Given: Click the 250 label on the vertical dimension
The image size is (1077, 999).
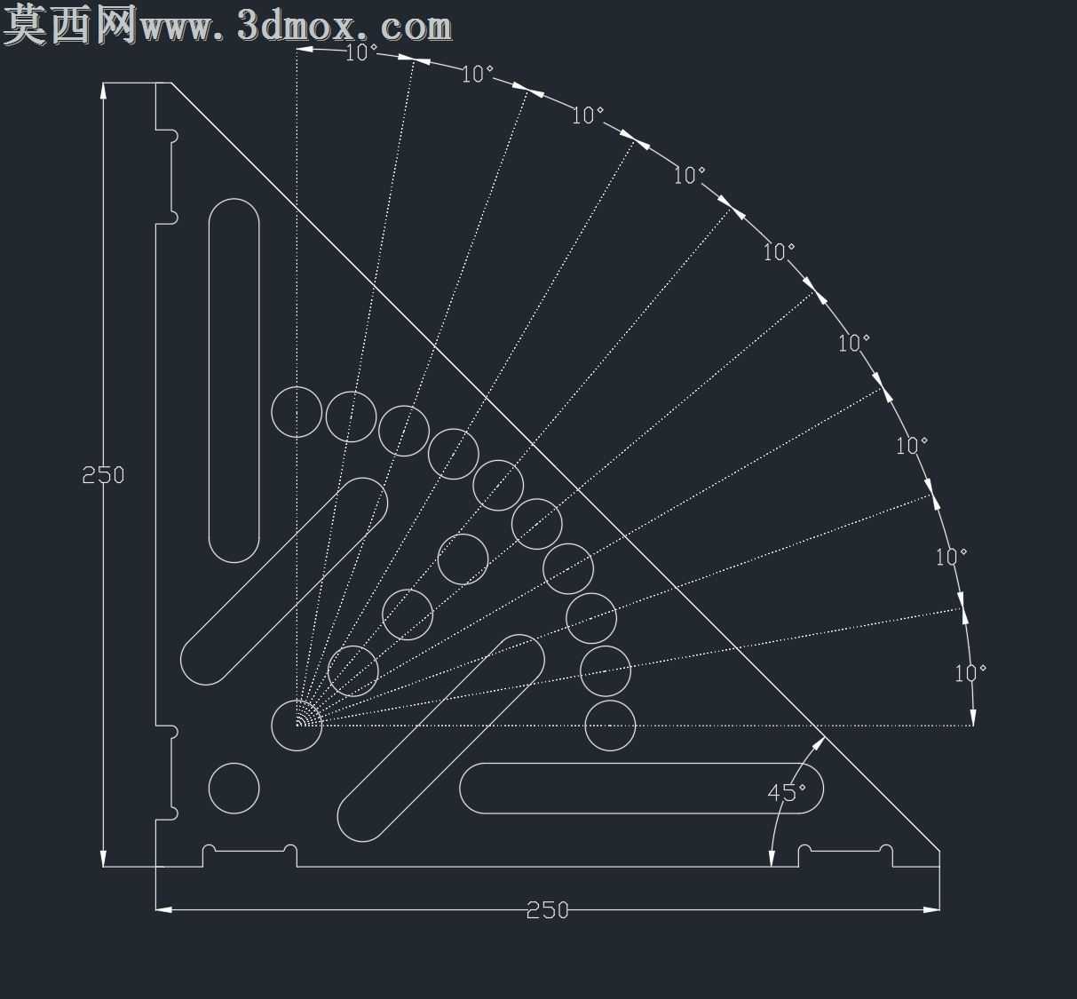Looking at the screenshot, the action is (103, 475).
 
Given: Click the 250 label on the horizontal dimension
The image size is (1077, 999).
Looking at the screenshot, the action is (547, 910).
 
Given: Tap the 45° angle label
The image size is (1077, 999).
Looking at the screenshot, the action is (787, 793).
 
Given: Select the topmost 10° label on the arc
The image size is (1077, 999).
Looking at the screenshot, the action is (361, 52).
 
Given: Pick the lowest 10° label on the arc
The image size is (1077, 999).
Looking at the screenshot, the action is (970, 673).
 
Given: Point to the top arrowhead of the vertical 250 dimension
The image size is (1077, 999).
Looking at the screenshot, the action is (103, 91).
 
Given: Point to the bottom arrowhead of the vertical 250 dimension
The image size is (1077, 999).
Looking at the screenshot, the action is (103, 859).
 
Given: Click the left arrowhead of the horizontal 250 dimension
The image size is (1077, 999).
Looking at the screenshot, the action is (163, 909).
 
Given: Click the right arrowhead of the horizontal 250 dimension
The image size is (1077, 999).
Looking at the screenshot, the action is (931, 909).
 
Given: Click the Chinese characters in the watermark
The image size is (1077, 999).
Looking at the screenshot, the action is (70, 24).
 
